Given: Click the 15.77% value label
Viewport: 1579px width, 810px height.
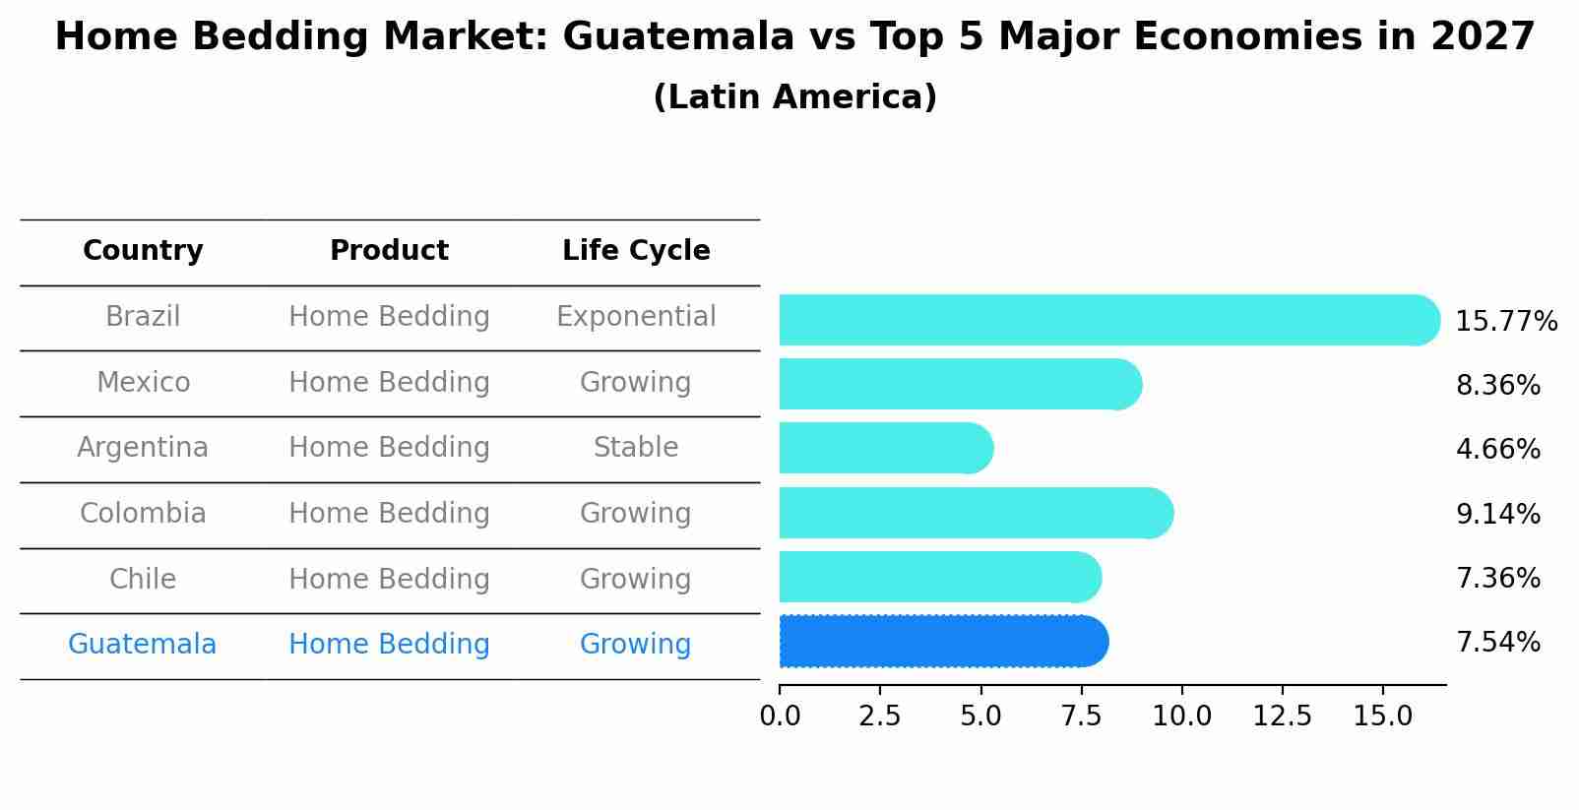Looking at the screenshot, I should click(1505, 322).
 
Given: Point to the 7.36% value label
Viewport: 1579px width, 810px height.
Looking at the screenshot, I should click(1497, 578).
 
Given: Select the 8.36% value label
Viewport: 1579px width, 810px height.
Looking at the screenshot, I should click(1497, 385).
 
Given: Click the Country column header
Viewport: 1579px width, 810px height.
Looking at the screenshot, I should click(143, 251).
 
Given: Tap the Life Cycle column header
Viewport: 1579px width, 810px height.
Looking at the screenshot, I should click(636, 251).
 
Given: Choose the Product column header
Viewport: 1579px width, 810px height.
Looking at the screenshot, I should click(389, 251).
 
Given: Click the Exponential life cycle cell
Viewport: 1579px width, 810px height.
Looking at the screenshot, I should click(636, 317).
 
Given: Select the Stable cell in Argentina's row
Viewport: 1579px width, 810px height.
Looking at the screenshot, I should click(636, 448).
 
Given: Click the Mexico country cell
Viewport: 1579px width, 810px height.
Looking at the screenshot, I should click(143, 382).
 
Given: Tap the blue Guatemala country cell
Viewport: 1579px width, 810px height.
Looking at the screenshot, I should click(143, 645).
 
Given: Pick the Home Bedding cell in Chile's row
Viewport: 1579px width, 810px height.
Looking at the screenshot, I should click(389, 579).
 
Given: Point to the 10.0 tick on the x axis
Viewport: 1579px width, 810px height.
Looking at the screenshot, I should click(1181, 717).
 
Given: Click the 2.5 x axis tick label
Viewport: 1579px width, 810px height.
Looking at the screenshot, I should click(879, 717).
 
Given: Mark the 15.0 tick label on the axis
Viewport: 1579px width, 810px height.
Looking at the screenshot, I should click(1382, 717).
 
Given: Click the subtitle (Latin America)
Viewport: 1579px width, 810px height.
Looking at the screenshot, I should click(794, 97).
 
